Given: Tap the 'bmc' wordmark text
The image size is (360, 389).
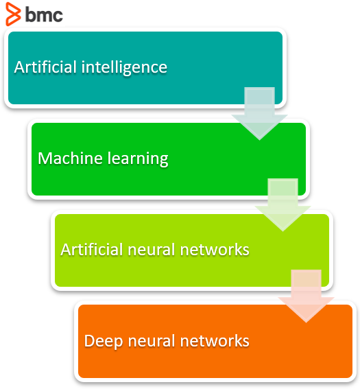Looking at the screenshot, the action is point(44,14).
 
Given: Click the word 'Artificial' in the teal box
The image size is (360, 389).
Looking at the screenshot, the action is point(45,67).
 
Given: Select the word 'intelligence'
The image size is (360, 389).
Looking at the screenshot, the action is point(124,68).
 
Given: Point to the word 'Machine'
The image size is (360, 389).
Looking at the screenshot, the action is point(70,158).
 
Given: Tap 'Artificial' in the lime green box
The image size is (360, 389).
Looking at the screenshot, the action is point(92,249).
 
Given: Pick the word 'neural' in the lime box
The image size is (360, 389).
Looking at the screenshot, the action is point(152,250).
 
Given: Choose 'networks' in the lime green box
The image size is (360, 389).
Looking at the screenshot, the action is point(215,250).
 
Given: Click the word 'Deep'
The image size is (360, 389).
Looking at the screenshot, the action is point(104,342).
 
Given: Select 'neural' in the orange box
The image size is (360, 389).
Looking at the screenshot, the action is point(152,341).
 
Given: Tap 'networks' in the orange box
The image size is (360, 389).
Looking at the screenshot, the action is point(215,341).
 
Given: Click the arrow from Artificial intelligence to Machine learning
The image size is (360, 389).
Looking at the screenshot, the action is point(259,113).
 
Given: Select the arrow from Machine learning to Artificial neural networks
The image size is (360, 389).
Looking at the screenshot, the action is point(283,204).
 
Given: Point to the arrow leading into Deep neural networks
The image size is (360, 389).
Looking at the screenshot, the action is point(306,296).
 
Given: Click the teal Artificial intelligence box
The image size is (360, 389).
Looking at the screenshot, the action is point(145,68).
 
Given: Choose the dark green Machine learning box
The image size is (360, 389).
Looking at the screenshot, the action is point(169,159).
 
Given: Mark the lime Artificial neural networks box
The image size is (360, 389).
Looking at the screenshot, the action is point(192,250).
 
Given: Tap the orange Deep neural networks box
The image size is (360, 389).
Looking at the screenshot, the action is point(215,342).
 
